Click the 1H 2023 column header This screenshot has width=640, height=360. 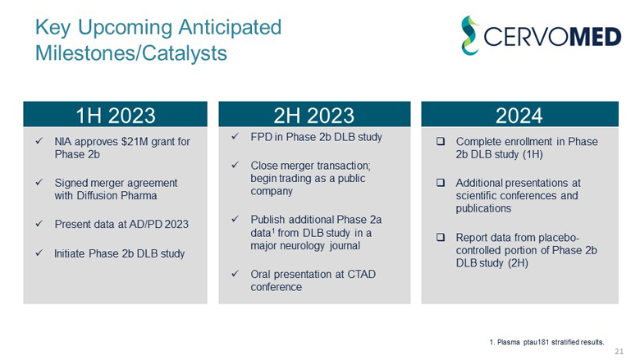116,115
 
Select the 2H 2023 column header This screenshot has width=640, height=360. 314,115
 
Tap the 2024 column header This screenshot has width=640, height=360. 519,115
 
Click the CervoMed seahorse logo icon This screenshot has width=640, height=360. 469,35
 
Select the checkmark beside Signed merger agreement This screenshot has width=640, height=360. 38,183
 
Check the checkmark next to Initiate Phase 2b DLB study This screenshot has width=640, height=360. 38,253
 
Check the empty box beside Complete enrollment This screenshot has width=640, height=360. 440,142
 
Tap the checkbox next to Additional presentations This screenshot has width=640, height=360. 440,183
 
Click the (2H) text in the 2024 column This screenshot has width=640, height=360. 514,263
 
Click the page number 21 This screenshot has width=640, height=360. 619,351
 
